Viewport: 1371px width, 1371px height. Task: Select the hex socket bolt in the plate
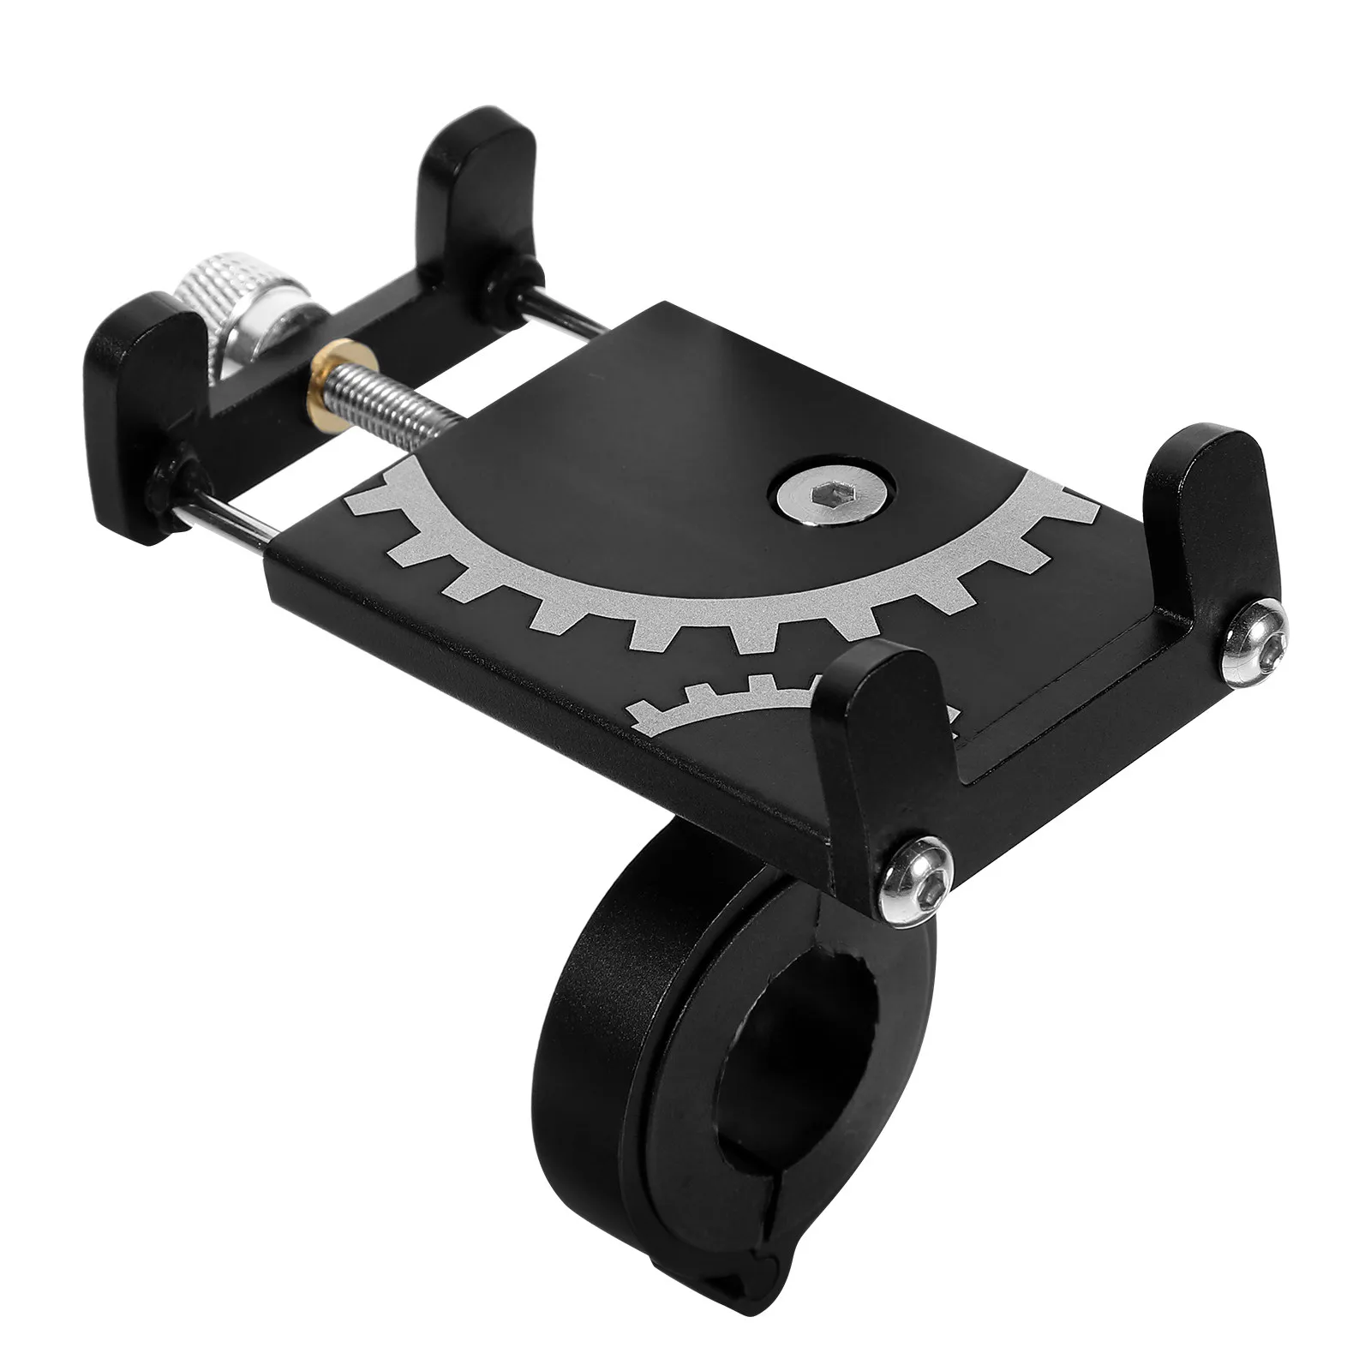[826, 495]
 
